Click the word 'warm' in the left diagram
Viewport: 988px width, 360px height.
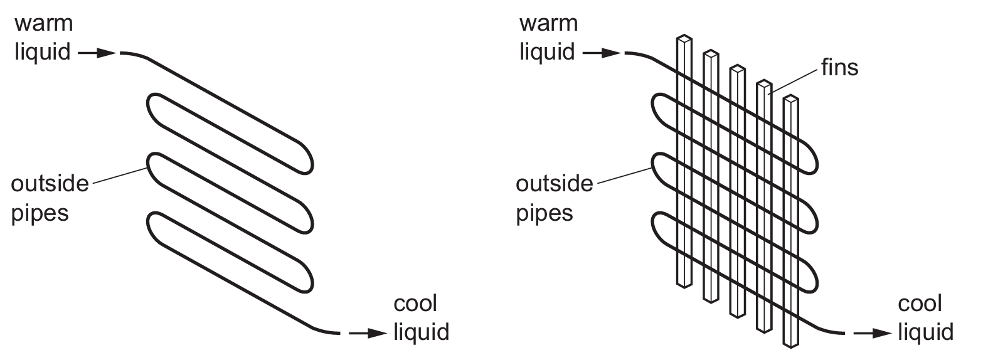tap(44, 24)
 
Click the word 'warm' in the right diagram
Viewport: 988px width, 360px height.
tap(548, 24)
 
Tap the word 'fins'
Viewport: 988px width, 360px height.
tap(839, 68)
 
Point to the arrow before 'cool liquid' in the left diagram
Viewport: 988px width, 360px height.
tap(367, 333)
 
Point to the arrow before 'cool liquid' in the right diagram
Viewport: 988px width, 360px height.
tap(872, 333)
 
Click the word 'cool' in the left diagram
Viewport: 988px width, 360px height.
tap(415, 304)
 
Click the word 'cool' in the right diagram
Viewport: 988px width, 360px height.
tap(920, 304)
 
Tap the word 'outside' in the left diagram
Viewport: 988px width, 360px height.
tap(50, 184)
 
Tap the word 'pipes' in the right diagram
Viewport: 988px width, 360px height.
tap(544, 213)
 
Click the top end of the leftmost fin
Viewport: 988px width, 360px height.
tap(684, 39)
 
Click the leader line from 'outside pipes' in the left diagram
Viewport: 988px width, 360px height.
tap(119, 176)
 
